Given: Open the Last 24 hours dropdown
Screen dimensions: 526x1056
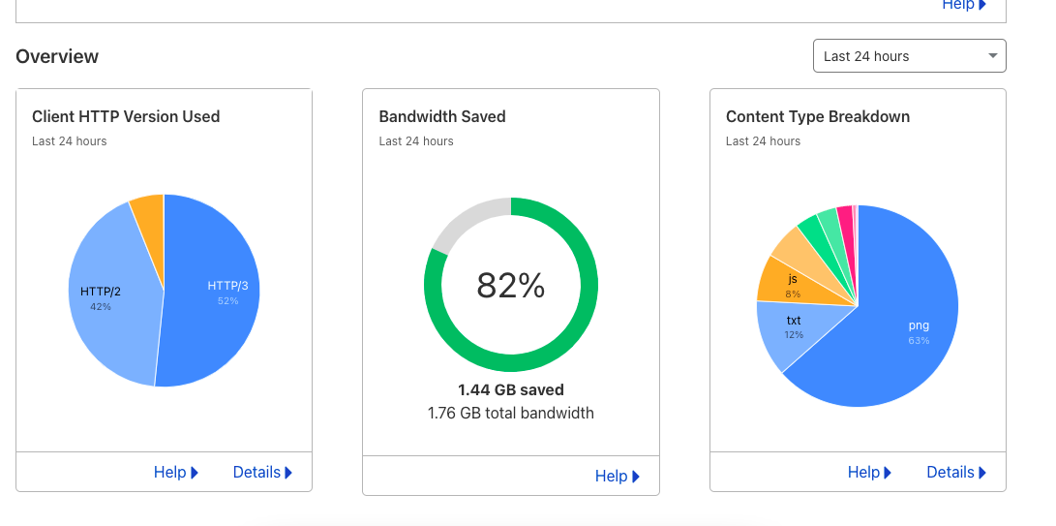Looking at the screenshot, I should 909,56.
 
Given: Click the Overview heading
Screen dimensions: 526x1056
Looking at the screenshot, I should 57,56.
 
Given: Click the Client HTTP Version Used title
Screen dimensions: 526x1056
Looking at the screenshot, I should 126,116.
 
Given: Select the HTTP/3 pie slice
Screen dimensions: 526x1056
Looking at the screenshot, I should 218,291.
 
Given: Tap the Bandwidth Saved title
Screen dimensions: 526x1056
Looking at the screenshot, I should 442,116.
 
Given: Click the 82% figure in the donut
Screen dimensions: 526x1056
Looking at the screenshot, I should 510,285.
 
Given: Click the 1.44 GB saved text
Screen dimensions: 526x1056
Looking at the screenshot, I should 510,389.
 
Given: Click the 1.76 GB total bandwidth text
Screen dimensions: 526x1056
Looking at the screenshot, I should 510,413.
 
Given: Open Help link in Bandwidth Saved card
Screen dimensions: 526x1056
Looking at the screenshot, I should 618,476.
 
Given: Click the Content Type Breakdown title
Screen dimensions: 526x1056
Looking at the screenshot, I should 818,116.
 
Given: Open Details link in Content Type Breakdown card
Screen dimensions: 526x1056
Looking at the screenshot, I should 956,472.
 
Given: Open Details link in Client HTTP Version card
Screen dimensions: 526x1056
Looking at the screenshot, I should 262,472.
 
